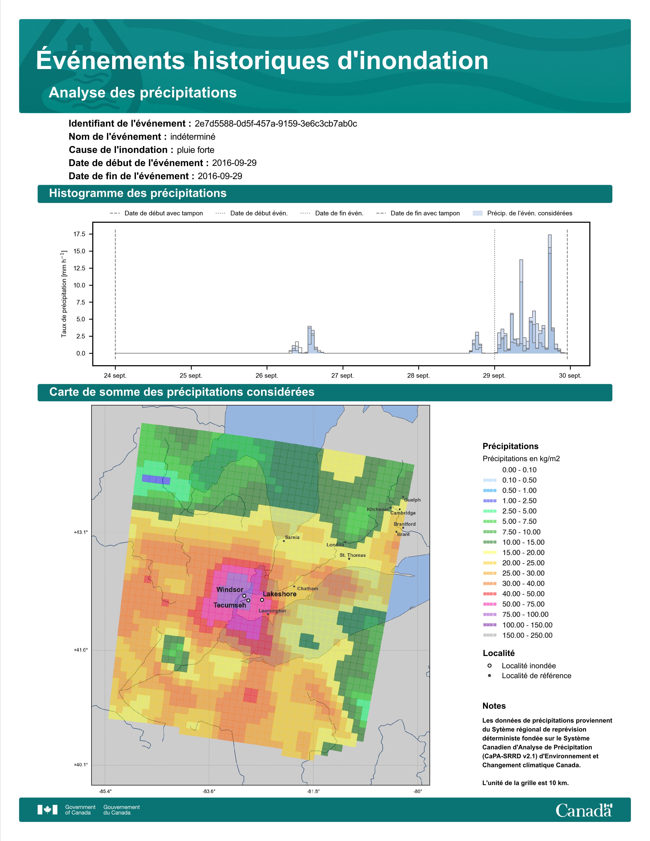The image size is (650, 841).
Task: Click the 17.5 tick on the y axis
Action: (79, 234)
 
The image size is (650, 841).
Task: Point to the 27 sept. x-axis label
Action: (342, 375)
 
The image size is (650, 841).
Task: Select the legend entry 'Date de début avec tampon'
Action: (156, 213)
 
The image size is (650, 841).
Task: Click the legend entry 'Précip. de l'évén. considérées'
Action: (523, 213)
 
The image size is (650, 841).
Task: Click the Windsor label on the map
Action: (230, 589)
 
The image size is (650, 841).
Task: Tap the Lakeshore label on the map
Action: (280, 594)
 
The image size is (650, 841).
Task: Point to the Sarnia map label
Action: (292, 537)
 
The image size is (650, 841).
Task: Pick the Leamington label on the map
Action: (272, 611)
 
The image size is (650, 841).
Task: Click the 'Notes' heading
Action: (494, 706)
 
